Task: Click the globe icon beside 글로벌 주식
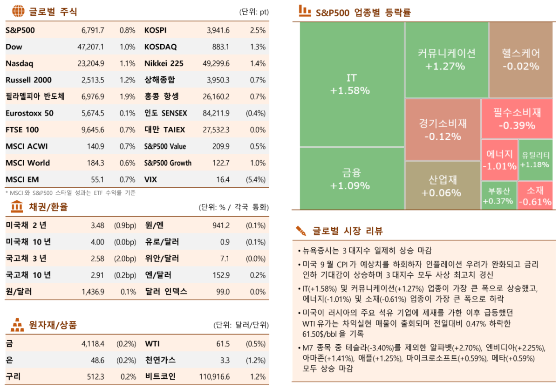click(18, 11)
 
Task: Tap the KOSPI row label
click(155, 30)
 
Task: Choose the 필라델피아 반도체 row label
click(35, 96)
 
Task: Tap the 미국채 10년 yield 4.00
click(97, 242)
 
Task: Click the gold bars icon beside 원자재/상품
click(17, 324)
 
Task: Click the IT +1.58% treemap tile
click(352, 84)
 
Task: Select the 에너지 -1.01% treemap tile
click(499, 160)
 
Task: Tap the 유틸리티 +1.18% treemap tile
click(535, 160)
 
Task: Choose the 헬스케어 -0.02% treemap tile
click(520, 60)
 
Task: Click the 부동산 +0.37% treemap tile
click(498, 196)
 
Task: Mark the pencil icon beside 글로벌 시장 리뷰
click(300, 231)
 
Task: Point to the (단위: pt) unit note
click(253, 12)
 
